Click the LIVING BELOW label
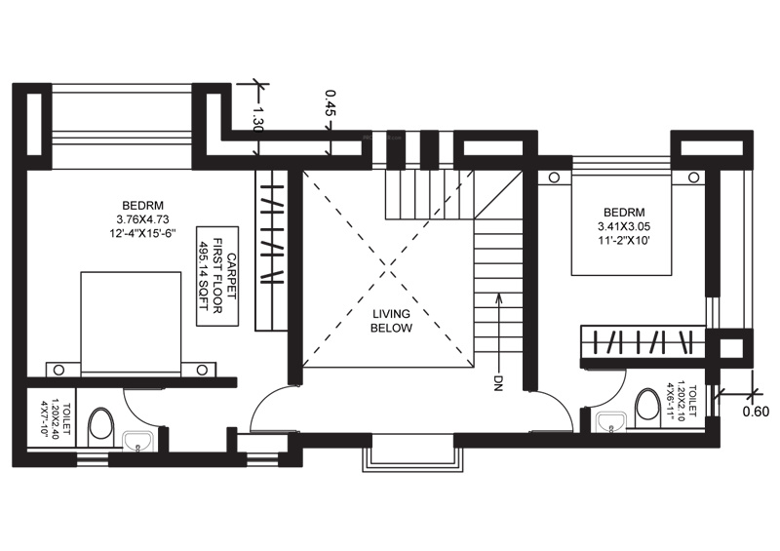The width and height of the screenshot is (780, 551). pyautogui.click(x=391, y=321)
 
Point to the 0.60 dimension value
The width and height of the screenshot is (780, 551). pyautogui.click(x=756, y=411)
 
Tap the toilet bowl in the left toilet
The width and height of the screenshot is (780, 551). pyautogui.click(x=101, y=425)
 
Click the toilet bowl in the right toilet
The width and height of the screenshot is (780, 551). pyautogui.click(x=646, y=407)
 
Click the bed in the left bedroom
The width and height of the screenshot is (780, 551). pyautogui.click(x=131, y=322)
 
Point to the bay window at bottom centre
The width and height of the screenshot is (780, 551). pyautogui.click(x=409, y=453)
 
